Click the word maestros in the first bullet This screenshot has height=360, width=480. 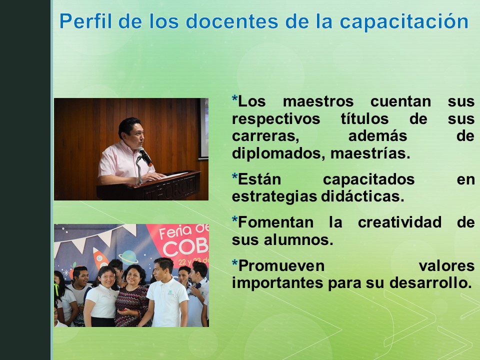click(318, 101)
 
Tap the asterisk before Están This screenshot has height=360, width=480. click(235, 177)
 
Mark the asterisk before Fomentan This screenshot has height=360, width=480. click(235, 221)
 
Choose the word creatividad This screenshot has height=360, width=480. click(399, 222)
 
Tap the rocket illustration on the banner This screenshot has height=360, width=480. click(100, 257)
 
